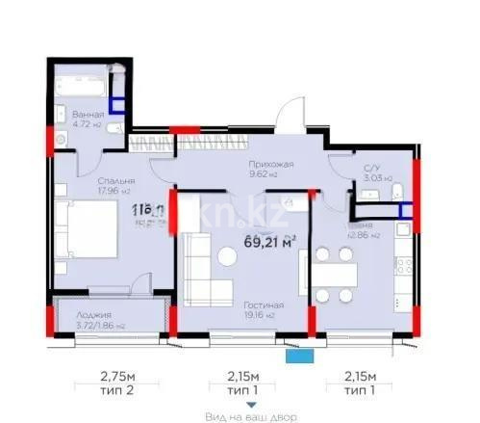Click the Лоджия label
pos(96,315)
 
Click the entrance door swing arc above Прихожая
pos(285,120)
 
